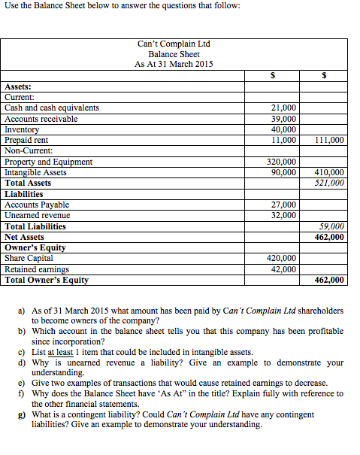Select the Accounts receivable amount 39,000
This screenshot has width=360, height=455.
coord(283,118)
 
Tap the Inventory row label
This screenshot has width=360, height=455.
coord(22,129)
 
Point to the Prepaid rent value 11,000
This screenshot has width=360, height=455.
coord(283,140)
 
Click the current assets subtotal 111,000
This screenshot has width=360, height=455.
coord(330,140)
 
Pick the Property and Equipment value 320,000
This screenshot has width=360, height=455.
coord(282,162)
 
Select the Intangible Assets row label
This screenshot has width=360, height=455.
coord(35,172)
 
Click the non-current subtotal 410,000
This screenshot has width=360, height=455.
coord(330,172)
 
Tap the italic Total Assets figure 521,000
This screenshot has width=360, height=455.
coord(330,183)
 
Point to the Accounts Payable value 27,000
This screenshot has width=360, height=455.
coord(283,205)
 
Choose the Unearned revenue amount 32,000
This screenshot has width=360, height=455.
coord(283,215)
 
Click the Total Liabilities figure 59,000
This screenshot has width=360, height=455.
coord(331,226)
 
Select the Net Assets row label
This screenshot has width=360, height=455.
coord(24,237)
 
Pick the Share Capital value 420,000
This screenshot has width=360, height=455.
coord(282,259)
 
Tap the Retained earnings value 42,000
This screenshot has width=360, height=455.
coord(283,269)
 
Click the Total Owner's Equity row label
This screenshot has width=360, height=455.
coord(47,280)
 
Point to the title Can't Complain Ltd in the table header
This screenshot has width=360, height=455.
coord(174,44)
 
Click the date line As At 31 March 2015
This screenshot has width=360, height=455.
coord(174,64)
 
